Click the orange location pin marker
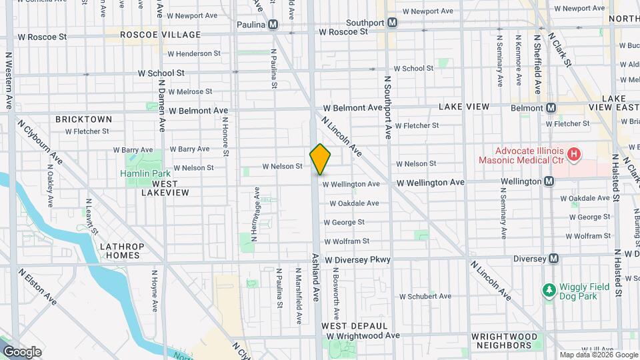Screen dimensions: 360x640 [x=321, y=159]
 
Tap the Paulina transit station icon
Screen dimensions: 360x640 [x=273, y=25]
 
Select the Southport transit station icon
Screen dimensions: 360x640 [x=392, y=22]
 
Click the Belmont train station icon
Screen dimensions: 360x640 [x=551, y=107]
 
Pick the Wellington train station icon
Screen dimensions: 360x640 [x=549, y=181]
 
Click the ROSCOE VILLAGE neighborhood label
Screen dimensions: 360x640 [x=161, y=35]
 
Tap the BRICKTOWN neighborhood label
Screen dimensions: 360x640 [x=83, y=119]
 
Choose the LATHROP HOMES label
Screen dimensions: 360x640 [x=122, y=251]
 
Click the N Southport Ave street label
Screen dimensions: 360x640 [x=387, y=107]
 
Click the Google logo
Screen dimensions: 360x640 [x=22, y=352]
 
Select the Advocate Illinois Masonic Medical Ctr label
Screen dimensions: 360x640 [x=520, y=156]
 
